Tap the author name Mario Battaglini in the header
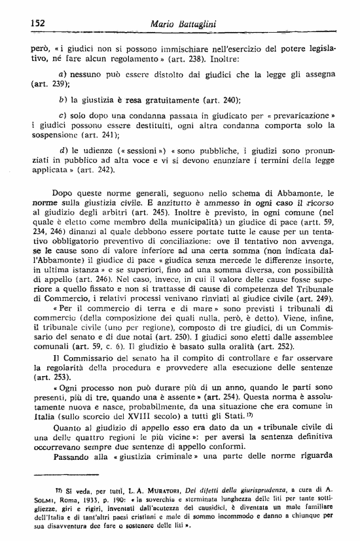[184, 24]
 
